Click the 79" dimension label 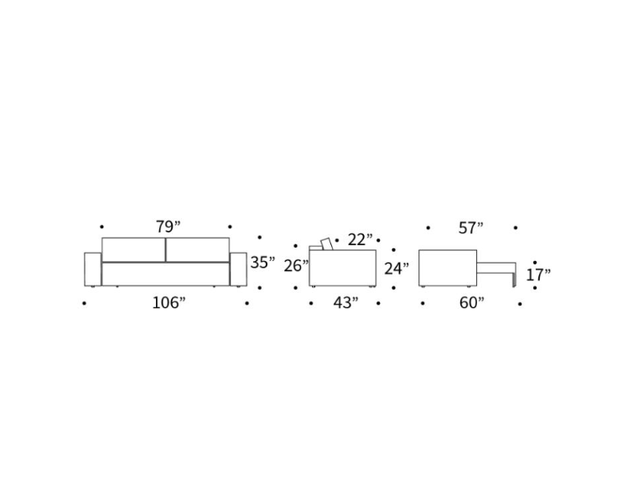pos(168,227)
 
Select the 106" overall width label pos(169,302)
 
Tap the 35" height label pos(262,263)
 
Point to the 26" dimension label pos(296,265)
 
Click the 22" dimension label pos(361,240)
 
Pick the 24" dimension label pos(397,268)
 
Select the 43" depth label pos(345,302)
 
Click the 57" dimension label pos(470,228)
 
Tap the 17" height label pos(538,275)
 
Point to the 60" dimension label pos(471,302)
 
